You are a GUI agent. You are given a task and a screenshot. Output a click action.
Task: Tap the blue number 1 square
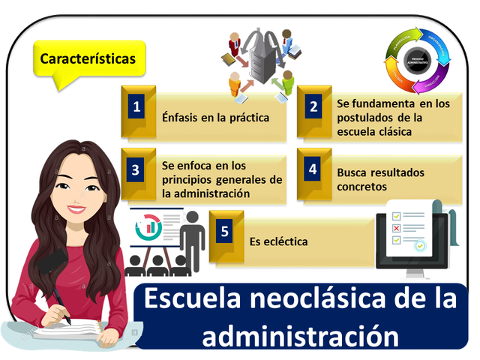(x=136, y=106)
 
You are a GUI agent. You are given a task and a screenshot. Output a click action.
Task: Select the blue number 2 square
(x=313, y=106)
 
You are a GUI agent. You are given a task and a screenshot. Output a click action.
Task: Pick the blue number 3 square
(x=136, y=169)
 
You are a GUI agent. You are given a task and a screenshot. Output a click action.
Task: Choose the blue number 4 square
(x=313, y=169)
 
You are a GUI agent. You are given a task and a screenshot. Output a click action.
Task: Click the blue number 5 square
(x=224, y=230)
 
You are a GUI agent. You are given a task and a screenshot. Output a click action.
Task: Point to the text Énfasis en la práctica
(x=215, y=118)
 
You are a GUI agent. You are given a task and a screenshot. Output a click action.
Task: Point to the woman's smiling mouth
(x=76, y=208)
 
